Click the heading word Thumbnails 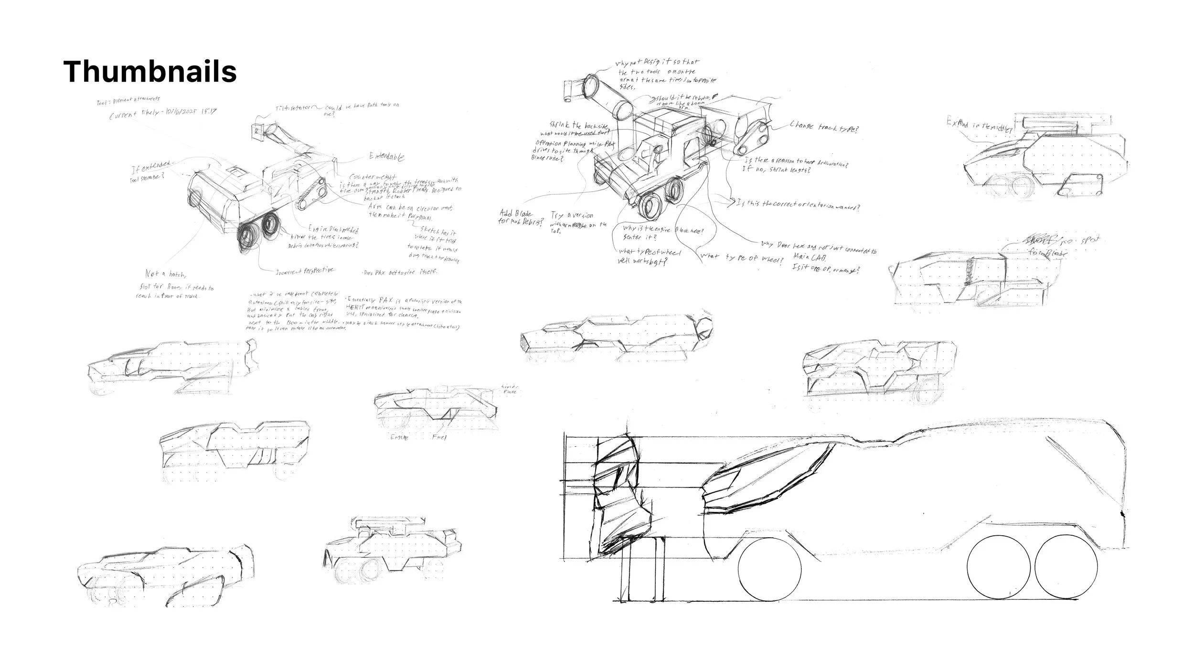150,72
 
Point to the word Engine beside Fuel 399,437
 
